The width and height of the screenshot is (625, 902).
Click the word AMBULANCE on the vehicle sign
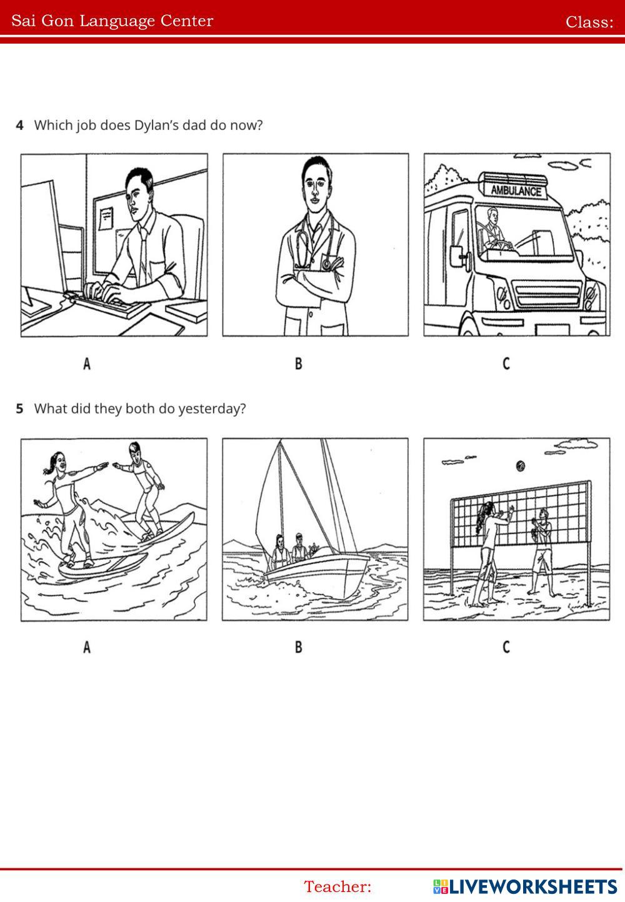[x=516, y=190]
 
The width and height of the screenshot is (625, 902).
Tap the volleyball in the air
[x=520, y=465]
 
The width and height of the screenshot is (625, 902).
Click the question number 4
[x=20, y=125]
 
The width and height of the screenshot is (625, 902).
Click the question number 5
[x=20, y=409]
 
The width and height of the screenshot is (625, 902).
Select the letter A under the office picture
[x=87, y=364]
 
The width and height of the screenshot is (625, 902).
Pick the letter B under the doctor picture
[x=298, y=364]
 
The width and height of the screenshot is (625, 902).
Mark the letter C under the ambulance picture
[x=506, y=364]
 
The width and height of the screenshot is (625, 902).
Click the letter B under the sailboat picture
[x=298, y=647]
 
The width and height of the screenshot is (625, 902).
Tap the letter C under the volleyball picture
[x=506, y=647]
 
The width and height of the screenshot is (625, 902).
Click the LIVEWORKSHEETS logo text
[x=532, y=886]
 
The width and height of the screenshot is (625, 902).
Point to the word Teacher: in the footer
[x=337, y=886]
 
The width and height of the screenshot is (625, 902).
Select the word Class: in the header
[x=589, y=22]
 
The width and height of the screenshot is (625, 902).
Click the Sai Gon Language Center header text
[x=112, y=21]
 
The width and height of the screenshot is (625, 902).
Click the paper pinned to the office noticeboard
[x=106, y=216]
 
